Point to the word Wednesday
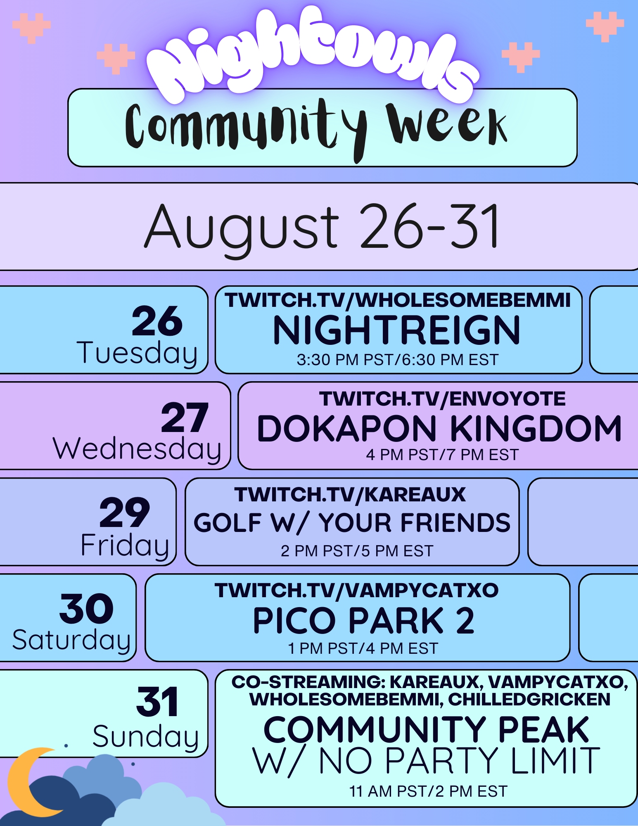[137, 449]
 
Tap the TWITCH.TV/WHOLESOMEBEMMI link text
[398, 300]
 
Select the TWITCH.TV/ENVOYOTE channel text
[442, 399]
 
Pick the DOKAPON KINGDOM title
[439, 428]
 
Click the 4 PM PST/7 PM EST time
[442, 455]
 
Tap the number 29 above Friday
[125, 513]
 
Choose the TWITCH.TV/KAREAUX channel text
[350, 494]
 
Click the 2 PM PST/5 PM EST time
[357, 551]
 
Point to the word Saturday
[71, 640]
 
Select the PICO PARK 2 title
[364, 620]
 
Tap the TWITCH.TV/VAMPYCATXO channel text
[356, 590]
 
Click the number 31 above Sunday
[158, 702]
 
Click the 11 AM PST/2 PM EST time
[428, 792]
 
